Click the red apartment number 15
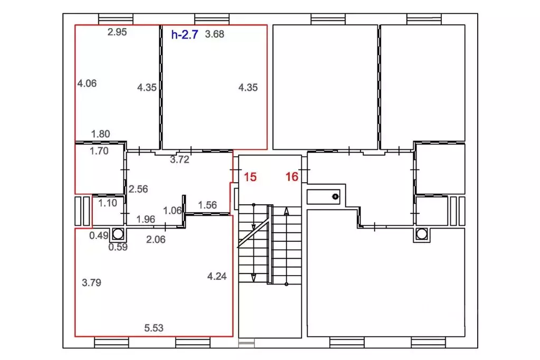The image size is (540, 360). coord(250,177)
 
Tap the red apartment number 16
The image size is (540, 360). coord(292,177)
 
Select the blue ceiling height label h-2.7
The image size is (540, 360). coord(185,34)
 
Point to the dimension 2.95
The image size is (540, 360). coord(117,32)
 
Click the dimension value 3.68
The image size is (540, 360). coord(214,34)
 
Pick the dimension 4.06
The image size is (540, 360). coord(87,83)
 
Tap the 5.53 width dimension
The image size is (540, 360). coord(154,328)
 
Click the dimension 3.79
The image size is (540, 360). coord(92,283)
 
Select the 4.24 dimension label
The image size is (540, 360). coord(217,276)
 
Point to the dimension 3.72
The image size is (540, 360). coord(179,159)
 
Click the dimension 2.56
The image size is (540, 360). coord(138,189)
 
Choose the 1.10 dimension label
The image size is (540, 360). coord(108,203)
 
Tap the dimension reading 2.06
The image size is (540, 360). coord(156,240)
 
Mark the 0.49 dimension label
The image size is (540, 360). coord(99,235)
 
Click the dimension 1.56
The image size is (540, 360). coord(207,205)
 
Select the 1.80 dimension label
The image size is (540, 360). coord(101,134)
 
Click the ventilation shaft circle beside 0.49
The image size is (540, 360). coord(118,234)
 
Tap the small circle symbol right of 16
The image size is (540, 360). coord(335,197)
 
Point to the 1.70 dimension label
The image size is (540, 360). coord(99,151)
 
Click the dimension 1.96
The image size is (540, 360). coord(146,219)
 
